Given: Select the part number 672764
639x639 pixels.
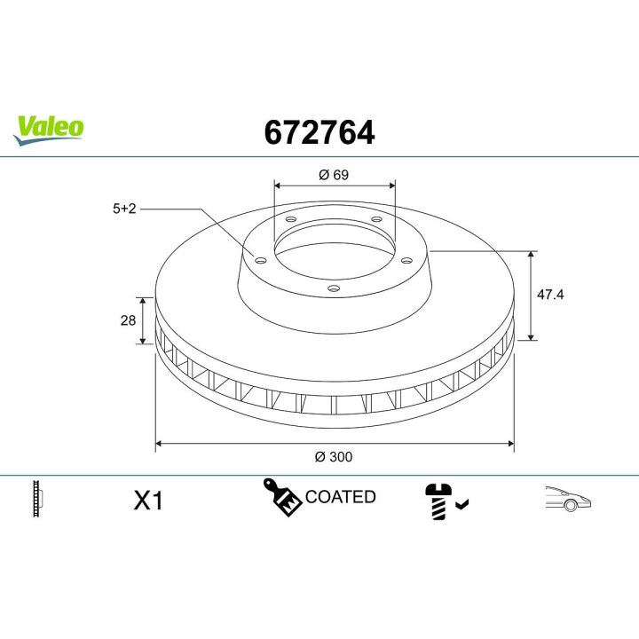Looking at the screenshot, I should coord(319,133).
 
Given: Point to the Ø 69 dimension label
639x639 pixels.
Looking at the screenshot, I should coord(334,175).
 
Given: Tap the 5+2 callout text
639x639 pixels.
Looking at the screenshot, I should coord(123,209).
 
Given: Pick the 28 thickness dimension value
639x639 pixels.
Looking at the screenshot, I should coord(128,319).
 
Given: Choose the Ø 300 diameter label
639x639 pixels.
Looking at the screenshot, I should coord(334,457).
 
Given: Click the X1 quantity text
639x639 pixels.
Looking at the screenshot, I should coord(148,501).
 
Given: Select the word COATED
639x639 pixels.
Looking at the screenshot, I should coord(340,497).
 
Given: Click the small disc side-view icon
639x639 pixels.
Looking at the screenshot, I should coord(37,499).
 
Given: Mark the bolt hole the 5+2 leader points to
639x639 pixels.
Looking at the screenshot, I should coord(260,259).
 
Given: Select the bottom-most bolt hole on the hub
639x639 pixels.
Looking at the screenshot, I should coord(333,288).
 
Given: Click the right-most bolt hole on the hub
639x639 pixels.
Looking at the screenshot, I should coord(406,260).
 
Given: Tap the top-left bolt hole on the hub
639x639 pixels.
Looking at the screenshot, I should coord(290,219).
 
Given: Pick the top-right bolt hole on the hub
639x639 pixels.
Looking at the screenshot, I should coord(376,219).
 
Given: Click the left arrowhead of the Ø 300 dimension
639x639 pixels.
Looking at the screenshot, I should coord(161,441).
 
